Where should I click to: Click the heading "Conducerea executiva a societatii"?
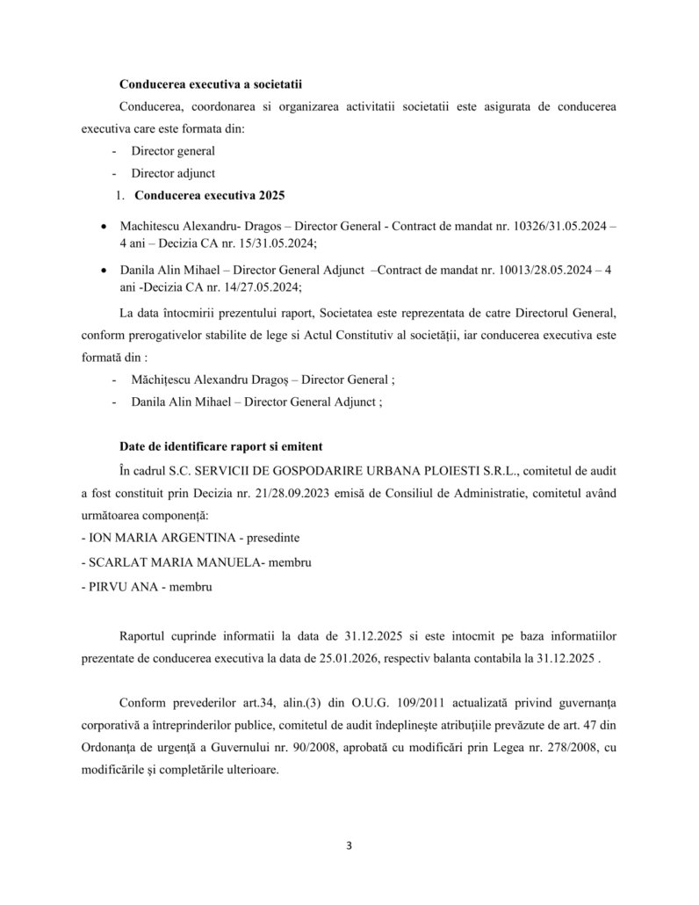211,84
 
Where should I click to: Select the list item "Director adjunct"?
173,172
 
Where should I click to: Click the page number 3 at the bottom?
349,846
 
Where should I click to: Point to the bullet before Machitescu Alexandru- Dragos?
106,227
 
